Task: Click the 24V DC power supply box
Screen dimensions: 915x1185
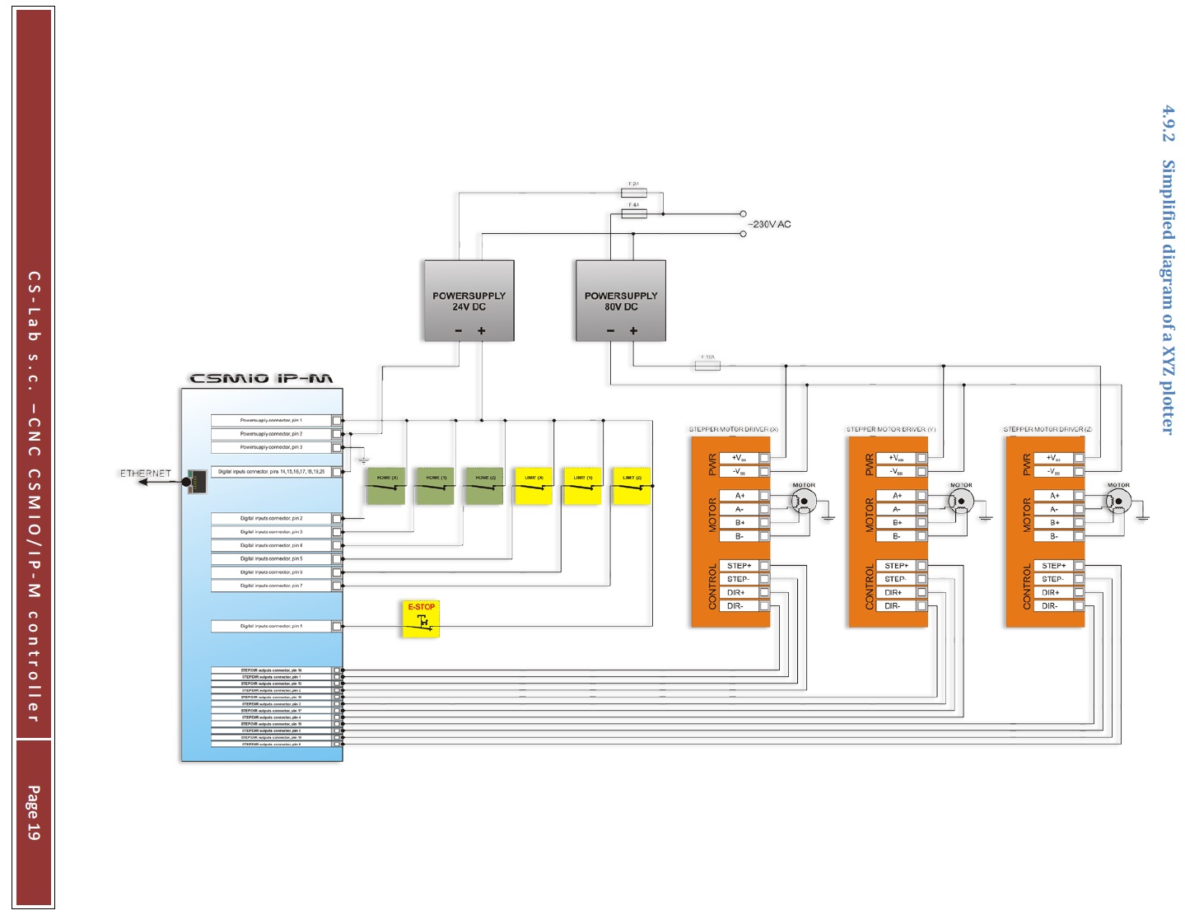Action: pyautogui.click(x=469, y=301)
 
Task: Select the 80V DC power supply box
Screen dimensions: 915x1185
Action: pyautogui.click(x=620, y=301)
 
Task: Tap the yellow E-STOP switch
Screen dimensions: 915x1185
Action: pyautogui.click(x=422, y=619)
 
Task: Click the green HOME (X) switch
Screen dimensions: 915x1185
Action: pyautogui.click(x=385, y=486)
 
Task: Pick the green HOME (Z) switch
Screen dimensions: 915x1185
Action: pyautogui.click(x=483, y=486)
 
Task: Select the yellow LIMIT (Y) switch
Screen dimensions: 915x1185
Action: pyautogui.click(x=582, y=486)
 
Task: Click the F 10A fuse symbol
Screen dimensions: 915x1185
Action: pyautogui.click(x=707, y=366)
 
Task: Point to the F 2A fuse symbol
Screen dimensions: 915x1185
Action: pyautogui.click(x=633, y=193)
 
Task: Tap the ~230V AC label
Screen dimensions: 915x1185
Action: pyautogui.click(x=769, y=224)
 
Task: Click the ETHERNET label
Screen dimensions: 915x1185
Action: pyautogui.click(x=146, y=474)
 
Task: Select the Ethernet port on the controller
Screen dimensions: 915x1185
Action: pyautogui.click(x=196, y=482)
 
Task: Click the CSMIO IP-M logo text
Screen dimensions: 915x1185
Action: pyautogui.click(x=262, y=379)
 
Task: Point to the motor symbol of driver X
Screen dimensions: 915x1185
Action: pyautogui.click(x=804, y=502)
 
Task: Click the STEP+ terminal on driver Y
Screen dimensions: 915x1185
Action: pyautogui.click(x=897, y=566)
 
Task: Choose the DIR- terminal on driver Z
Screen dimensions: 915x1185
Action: pyautogui.click(x=1050, y=606)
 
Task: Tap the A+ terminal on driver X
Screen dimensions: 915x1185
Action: pyautogui.click(x=740, y=496)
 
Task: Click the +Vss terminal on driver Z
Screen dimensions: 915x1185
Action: pyautogui.click(x=1054, y=458)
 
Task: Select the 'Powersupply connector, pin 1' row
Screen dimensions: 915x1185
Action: pyautogui.click(x=272, y=421)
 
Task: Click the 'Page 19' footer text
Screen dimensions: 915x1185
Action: pyautogui.click(x=33, y=813)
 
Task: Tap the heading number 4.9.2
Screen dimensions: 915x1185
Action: pyautogui.click(x=1168, y=124)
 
